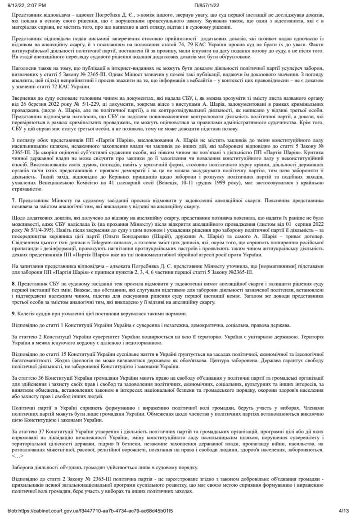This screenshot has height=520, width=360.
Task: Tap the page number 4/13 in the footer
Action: click(x=343, y=511)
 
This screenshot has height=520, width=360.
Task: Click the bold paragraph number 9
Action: click(x=14, y=313)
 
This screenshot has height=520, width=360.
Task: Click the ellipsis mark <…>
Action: click(x=18, y=443)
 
